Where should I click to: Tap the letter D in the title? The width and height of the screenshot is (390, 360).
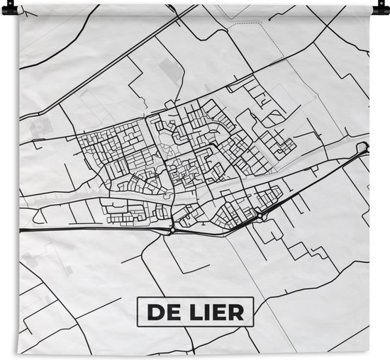153,310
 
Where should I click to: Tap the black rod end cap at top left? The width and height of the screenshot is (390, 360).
5,8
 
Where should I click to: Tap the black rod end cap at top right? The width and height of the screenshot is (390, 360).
384,8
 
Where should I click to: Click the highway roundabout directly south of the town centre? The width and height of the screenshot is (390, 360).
172,229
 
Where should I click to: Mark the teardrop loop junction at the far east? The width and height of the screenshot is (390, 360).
364,147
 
